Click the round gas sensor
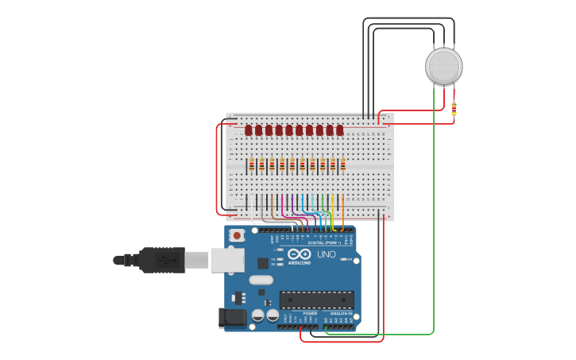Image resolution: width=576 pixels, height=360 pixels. tap(443, 66)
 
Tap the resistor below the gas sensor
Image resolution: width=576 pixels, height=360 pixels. tap(454, 109)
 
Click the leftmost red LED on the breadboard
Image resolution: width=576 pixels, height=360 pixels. tap(249, 130)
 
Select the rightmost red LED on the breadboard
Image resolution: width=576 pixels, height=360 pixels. tap(340, 130)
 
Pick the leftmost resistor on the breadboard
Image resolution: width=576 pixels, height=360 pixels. tap(251, 165)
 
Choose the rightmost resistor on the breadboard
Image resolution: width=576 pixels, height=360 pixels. tap(342, 165)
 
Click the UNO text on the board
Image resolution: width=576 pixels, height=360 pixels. tap(327, 254)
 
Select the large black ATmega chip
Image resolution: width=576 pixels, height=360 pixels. tap(316, 300)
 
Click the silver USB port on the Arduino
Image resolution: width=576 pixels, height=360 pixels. tap(226, 260)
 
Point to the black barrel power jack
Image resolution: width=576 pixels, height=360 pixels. tap(232, 317)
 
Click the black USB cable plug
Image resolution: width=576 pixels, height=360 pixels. tap(162, 260)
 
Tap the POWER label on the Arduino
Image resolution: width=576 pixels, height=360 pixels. tap(309, 313)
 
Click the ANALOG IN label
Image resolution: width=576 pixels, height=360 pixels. tap(342, 313)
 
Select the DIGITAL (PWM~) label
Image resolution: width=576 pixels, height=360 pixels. tap(322, 242)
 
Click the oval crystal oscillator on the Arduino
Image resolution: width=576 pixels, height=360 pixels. tap(261, 280)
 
